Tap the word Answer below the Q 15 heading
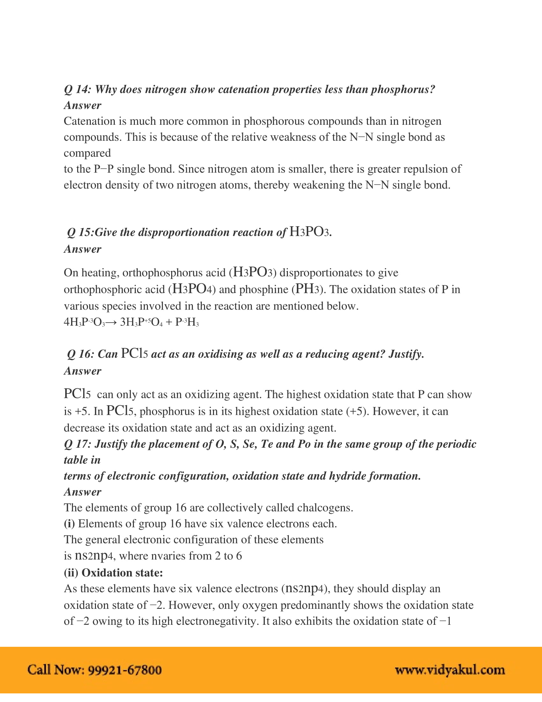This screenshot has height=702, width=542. (83, 249)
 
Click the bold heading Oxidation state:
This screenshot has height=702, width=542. (122, 573)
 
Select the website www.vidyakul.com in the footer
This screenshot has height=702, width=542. (450, 670)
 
